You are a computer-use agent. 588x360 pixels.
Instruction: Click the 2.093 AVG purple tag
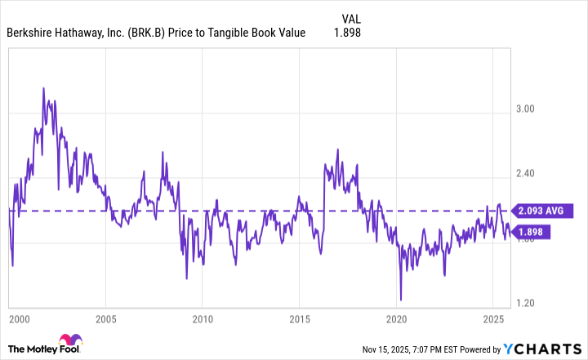pyautogui.click(x=538, y=211)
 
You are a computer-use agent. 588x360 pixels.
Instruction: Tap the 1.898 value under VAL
pyautogui.click(x=346, y=33)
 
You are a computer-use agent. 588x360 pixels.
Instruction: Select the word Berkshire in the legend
pyautogui.click(x=31, y=33)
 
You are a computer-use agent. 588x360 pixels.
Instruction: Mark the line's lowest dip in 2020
pyautogui.click(x=401, y=300)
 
